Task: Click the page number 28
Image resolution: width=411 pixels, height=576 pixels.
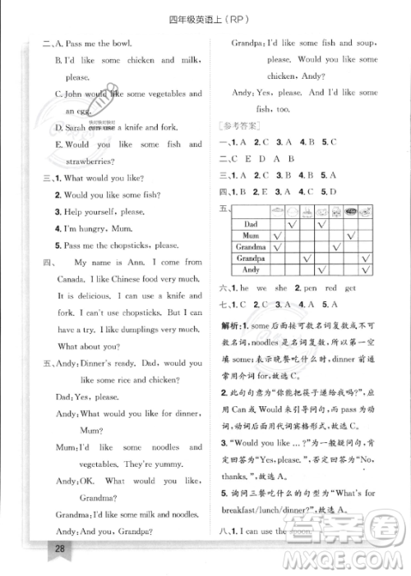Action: coord(35,547)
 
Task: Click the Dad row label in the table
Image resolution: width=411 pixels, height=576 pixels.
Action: coord(252,223)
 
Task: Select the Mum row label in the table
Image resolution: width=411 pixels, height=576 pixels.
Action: coord(252,235)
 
